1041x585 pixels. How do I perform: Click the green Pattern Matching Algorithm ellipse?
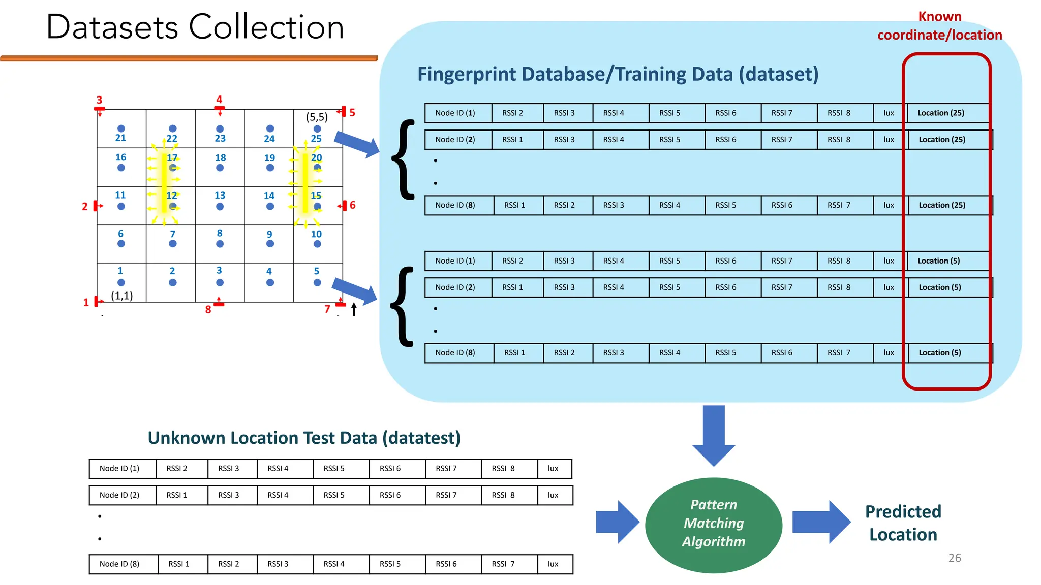point(713,525)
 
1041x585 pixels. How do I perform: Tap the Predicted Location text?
point(903,523)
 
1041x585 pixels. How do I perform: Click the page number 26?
point(954,558)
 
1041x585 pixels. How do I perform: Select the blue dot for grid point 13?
point(220,206)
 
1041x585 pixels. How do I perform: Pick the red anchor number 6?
point(352,205)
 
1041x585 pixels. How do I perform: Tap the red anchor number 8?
point(208,309)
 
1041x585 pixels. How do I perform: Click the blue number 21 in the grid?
point(120,138)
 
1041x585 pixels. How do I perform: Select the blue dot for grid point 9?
point(270,244)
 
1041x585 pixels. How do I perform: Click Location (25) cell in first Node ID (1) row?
point(940,113)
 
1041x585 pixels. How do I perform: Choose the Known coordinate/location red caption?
point(939,26)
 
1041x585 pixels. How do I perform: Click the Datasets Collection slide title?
point(195,27)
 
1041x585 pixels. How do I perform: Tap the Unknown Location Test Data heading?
point(304,438)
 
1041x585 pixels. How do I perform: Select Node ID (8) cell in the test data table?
point(119,564)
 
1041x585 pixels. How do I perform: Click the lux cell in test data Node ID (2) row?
point(553,495)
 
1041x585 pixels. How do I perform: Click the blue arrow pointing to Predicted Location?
point(820,522)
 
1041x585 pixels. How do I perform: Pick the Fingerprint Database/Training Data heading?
point(618,74)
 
